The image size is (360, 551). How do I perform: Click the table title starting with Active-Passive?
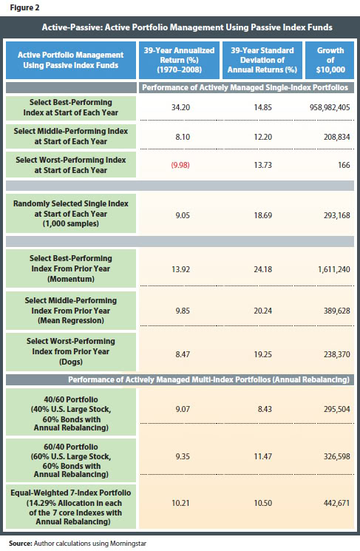coord(180,27)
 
